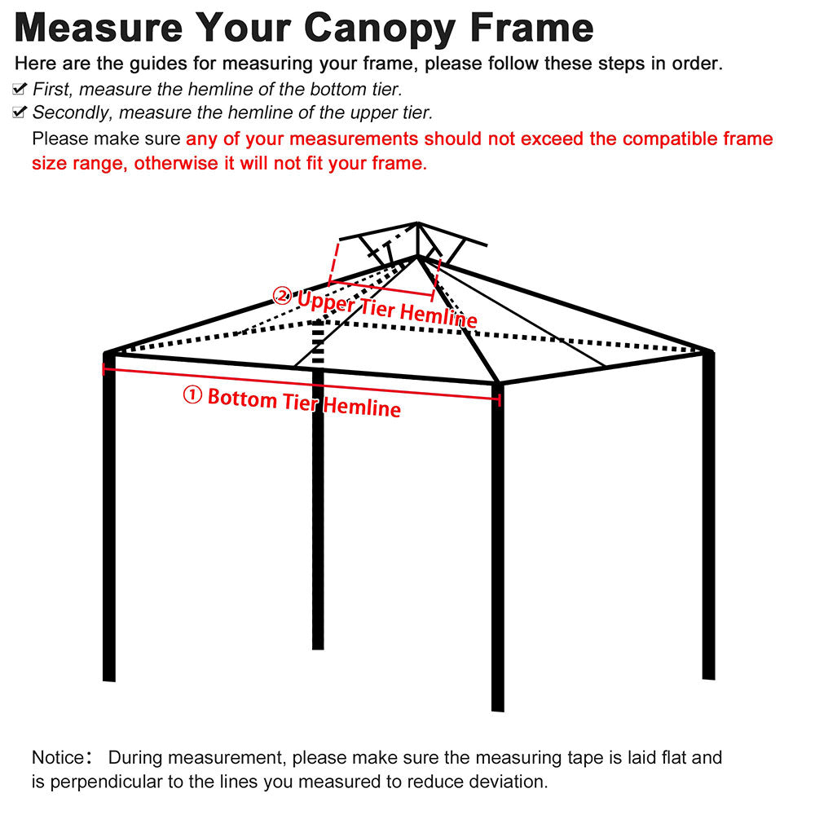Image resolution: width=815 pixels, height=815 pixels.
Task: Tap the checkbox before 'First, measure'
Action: coord(20,90)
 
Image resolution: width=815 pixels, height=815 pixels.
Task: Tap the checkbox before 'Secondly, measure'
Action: coord(20,112)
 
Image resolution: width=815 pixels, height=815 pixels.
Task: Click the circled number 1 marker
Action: coord(192,395)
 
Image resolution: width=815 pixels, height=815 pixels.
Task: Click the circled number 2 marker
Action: coord(282,295)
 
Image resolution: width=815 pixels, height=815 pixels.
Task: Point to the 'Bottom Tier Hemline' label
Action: coord(303,402)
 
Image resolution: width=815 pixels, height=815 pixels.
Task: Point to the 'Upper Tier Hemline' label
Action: coord(386,308)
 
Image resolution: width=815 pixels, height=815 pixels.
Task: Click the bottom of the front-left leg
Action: coord(109,676)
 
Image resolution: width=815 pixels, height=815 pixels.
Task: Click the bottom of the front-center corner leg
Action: coord(498,707)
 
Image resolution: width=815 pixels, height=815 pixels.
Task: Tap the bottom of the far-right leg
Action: coord(708,675)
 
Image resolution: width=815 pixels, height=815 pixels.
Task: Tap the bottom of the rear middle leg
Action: coord(318,645)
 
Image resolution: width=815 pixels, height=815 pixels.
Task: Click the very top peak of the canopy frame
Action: coord(417,223)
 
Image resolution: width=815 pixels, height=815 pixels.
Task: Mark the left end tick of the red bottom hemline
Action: coord(104,369)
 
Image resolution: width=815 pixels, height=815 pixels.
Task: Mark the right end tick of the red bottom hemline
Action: coord(500,399)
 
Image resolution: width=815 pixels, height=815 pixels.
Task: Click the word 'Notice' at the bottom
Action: coord(57,758)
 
